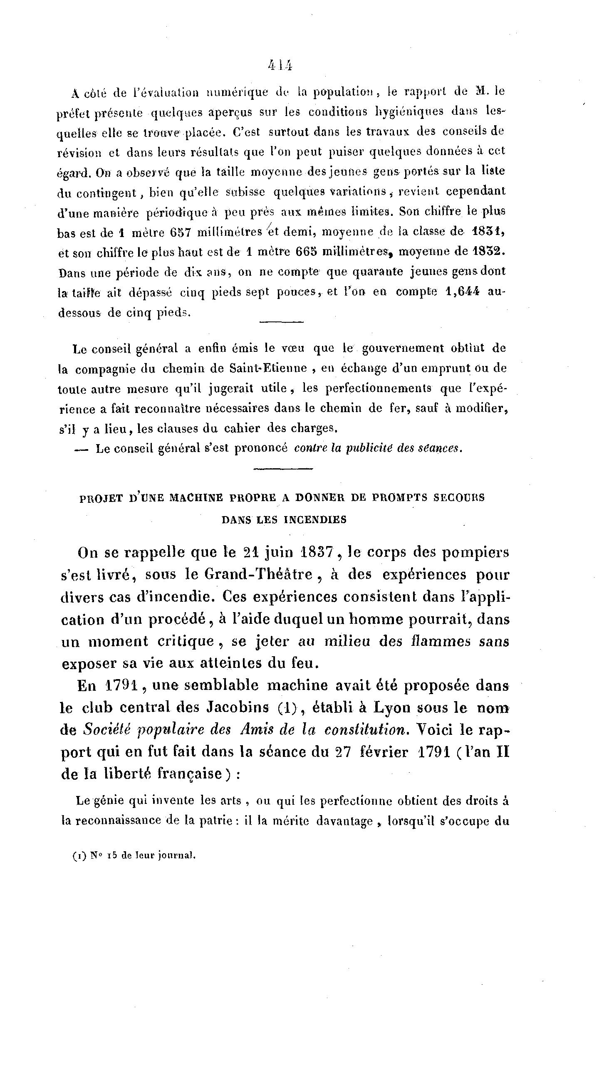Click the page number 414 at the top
pos(280,65)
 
